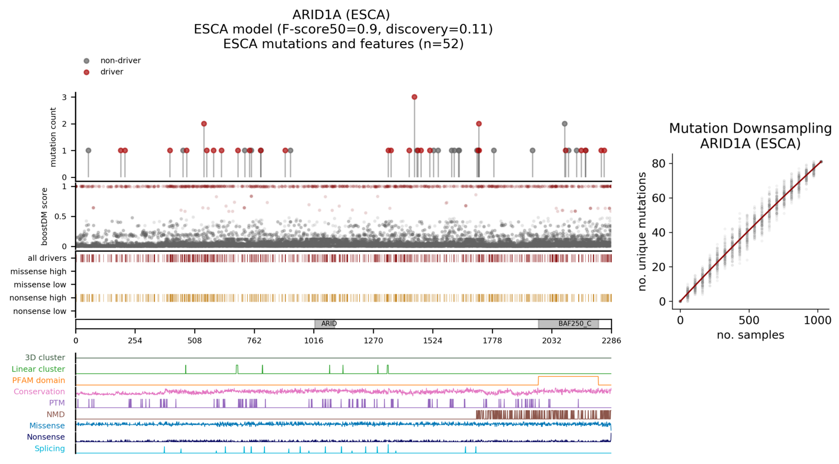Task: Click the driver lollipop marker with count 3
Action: point(414,97)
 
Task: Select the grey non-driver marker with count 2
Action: point(564,124)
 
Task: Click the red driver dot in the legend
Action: point(87,72)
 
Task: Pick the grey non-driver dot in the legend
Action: point(87,61)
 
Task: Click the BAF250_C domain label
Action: point(575,324)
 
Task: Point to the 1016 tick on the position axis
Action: point(314,340)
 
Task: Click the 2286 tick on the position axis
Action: point(611,340)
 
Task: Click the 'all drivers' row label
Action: point(47,258)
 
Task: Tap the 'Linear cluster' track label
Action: point(38,369)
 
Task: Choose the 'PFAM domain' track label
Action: point(39,380)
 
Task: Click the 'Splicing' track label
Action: point(50,449)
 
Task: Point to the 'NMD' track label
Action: point(56,414)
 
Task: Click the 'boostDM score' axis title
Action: point(45,216)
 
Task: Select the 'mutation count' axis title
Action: point(53,137)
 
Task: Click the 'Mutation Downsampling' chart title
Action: point(750,128)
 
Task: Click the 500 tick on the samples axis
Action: point(749,320)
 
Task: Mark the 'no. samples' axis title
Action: point(750,335)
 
